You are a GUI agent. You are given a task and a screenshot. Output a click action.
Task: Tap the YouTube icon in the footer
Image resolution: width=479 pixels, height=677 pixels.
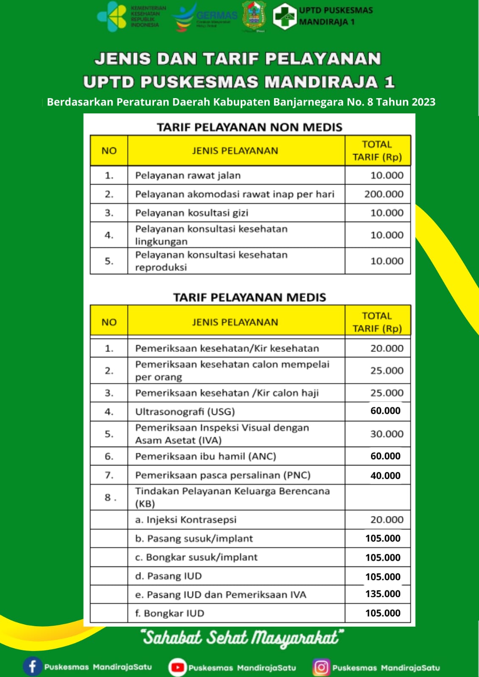pyautogui.click(x=177, y=667)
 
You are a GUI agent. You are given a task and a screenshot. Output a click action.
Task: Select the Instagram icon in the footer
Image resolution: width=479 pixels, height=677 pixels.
pyautogui.click(x=321, y=667)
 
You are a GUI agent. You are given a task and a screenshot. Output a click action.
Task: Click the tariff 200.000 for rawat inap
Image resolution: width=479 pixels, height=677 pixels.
pyautogui.click(x=384, y=194)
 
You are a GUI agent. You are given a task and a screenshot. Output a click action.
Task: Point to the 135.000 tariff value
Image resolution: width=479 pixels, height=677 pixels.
pyautogui.click(x=383, y=594)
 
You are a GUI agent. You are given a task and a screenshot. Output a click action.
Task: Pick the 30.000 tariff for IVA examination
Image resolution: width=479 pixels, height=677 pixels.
pyautogui.click(x=387, y=434)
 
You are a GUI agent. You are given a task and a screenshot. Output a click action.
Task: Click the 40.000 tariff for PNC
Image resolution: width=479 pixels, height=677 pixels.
pyautogui.click(x=385, y=476)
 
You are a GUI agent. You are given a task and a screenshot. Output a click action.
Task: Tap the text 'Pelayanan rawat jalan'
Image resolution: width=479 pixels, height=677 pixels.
pyautogui.click(x=188, y=176)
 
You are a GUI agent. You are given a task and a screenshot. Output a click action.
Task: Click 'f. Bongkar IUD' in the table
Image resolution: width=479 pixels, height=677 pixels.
pyautogui.click(x=169, y=614)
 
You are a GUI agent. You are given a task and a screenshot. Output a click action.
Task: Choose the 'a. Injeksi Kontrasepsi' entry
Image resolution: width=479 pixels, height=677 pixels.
pyautogui.click(x=186, y=520)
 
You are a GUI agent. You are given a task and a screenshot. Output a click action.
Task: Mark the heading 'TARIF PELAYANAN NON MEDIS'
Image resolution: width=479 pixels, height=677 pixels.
pyautogui.click(x=249, y=127)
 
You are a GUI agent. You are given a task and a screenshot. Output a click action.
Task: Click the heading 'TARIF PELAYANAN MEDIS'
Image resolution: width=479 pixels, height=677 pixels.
pyautogui.click(x=249, y=297)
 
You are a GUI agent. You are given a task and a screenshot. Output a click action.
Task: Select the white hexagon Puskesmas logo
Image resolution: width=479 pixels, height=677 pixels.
pyautogui.click(x=284, y=17)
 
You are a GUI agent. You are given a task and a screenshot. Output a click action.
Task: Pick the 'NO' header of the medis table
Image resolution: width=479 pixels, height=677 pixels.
pyautogui.click(x=109, y=322)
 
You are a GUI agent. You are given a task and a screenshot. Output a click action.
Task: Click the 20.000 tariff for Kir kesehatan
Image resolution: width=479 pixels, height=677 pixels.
pyautogui.click(x=387, y=349)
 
